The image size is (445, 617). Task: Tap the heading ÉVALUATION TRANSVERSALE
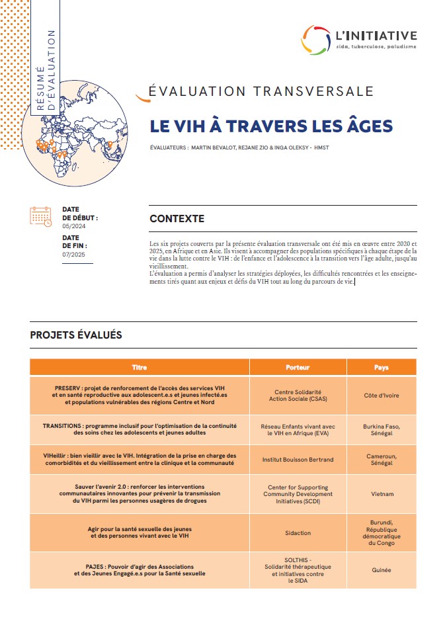click(x=262, y=92)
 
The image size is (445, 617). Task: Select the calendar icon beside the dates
click(x=40, y=216)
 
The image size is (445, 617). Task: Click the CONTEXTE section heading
click(x=177, y=219)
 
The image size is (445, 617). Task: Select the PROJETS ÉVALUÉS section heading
click(x=76, y=335)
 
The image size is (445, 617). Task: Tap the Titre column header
click(x=140, y=366)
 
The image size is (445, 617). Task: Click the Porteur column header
click(x=298, y=366)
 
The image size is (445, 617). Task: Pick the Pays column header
click(x=381, y=366)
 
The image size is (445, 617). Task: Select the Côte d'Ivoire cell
click(x=381, y=395)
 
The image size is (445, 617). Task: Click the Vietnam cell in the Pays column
click(x=381, y=493)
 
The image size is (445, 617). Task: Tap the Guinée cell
click(x=381, y=569)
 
